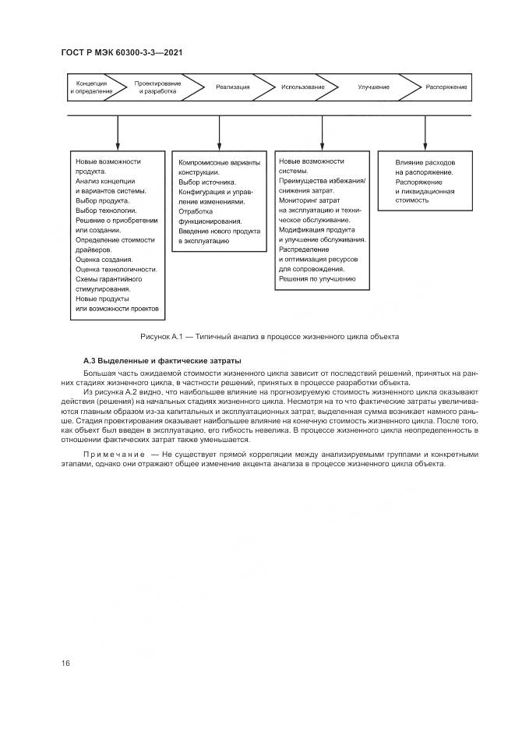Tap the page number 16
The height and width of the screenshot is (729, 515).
65,663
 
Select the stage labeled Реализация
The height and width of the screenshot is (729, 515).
233,87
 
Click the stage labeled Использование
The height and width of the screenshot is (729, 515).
303,87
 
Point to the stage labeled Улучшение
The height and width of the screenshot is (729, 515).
373,87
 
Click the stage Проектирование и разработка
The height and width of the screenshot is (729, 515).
157,87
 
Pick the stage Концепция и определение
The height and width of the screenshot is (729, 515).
91,87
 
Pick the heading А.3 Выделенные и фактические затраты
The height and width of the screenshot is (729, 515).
162,361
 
